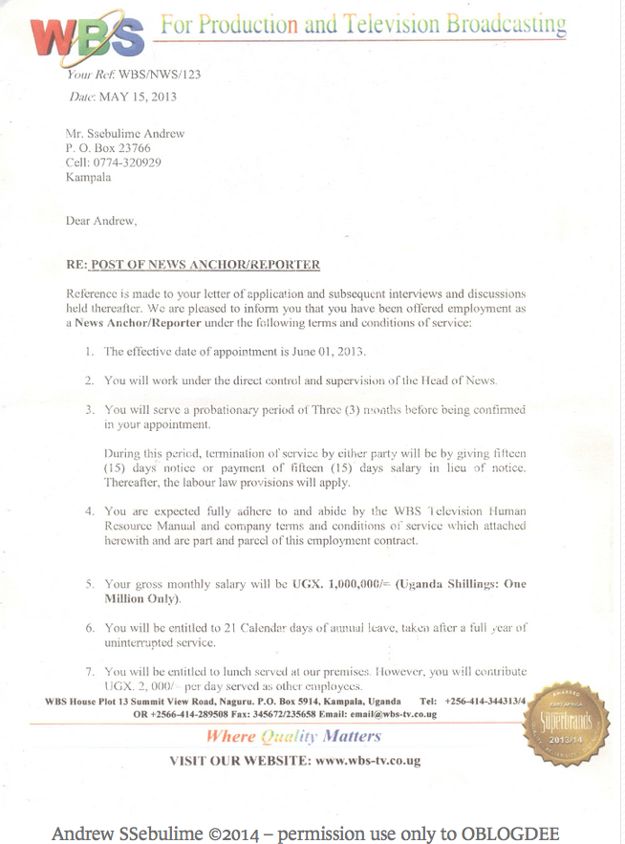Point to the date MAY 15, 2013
[x=138, y=97]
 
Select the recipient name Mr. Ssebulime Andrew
[x=125, y=135]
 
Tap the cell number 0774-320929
[x=128, y=162]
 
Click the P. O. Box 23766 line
[x=108, y=149]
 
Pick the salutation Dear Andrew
[x=101, y=221]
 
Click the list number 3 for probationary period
[x=89, y=409]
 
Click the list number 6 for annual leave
[x=89, y=627]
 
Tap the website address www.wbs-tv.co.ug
[x=367, y=761]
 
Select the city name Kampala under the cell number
[x=88, y=177]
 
